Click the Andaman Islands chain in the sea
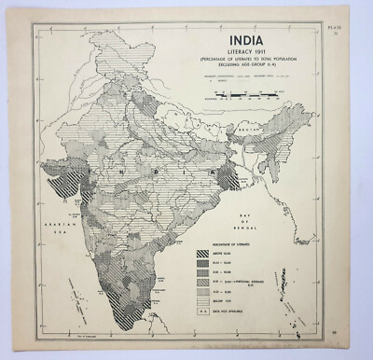click(x=319, y=270)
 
